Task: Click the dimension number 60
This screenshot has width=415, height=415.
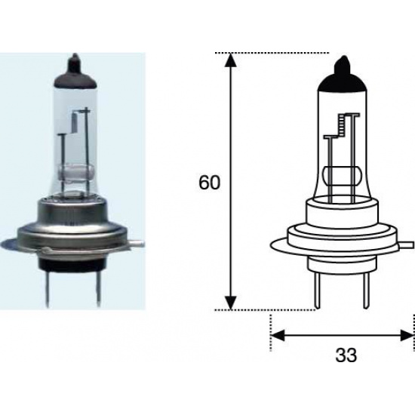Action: click(209, 183)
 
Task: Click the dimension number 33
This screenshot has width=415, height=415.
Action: click(346, 355)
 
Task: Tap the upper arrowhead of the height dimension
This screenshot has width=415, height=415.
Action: click(231, 60)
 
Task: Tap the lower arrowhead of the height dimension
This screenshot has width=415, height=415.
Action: click(231, 303)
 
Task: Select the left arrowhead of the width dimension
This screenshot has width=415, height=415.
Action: click(278, 335)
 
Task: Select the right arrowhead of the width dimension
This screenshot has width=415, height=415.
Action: click(407, 335)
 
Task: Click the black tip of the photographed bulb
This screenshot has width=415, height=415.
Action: click(75, 71)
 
